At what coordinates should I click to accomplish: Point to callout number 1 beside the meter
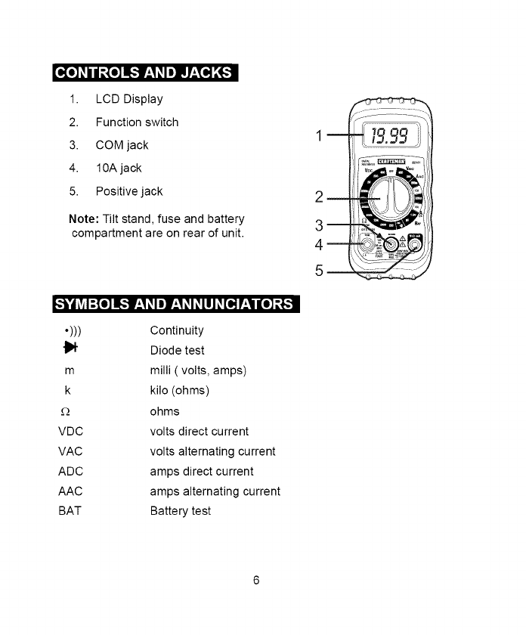[x=320, y=137]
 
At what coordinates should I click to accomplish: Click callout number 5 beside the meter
[x=320, y=271]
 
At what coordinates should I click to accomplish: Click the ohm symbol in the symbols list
[x=65, y=412]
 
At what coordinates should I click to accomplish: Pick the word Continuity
[x=177, y=330]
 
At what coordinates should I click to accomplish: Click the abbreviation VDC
[x=70, y=432]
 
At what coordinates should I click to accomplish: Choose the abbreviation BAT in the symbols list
[x=70, y=511]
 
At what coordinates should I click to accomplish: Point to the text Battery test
[x=181, y=511]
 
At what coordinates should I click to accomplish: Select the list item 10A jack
[x=119, y=168]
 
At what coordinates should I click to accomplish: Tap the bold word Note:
[x=82, y=219]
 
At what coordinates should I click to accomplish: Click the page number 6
[x=256, y=581]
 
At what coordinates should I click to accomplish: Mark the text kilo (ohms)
[x=180, y=391]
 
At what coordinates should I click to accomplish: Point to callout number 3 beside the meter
[x=320, y=225]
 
